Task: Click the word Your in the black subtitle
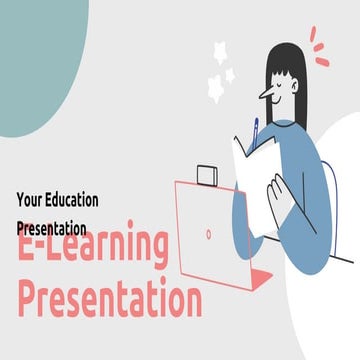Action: tap(30, 199)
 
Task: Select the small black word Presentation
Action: tap(52, 227)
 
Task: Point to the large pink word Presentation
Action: tap(110, 297)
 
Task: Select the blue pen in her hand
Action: tap(255, 130)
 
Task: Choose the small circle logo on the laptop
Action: tap(208, 233)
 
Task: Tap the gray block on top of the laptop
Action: tap(207, 175)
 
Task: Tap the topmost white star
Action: tap(221, 50)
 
